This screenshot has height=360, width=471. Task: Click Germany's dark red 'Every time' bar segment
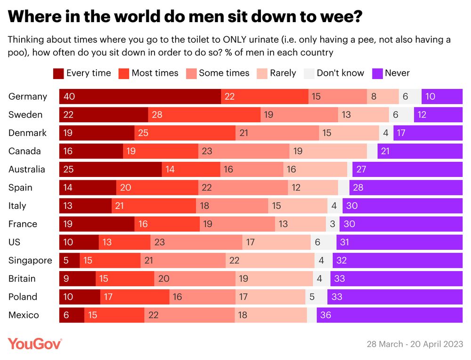[x=140, y=96]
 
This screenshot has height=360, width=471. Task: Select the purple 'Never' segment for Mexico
[x=390, y=315]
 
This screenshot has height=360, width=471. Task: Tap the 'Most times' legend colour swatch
[x=123, y=73]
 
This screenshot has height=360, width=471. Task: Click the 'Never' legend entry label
[x=397, y=73]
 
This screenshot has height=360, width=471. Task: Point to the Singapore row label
[x=30, y=260]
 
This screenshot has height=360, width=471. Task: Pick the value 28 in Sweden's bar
[x=204, y=115]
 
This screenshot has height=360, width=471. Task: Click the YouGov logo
[x=34, y=344]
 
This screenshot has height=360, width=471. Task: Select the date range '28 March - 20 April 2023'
[x=414, y=344]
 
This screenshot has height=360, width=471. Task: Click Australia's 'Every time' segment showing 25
[x=110, y=169]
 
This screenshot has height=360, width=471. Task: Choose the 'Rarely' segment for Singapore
[x=270, y=260]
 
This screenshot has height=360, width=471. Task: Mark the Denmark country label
[x=27, y=133]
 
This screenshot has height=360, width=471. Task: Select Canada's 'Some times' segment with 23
[x=244, y=151]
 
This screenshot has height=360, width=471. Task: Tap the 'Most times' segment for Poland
[x=135, y=297]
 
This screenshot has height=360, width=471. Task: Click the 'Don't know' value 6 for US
[x=323, y=242]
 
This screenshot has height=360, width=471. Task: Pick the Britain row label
[x=22, y=279]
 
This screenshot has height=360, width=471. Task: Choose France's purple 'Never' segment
[x=401, y=224]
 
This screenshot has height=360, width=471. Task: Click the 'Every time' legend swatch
[x=58, y=73]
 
